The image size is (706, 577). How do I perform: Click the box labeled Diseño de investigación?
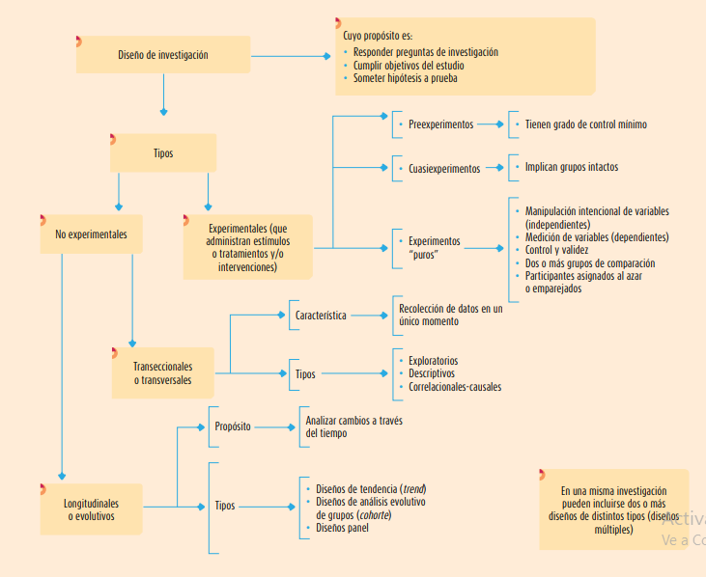click(162, 55)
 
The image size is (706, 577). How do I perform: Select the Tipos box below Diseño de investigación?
click(162, 153)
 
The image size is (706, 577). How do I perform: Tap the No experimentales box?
click(91, 234)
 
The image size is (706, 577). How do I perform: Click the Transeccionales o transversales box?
click(162, 373)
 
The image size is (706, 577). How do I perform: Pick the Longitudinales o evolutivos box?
click(91, 509)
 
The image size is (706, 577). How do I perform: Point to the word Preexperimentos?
click(440, 124)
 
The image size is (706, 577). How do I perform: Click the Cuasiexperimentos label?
click(443, 168)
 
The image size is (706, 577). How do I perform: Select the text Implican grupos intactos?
click(572, 167)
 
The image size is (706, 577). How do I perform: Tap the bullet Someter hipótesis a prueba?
click(405, 79)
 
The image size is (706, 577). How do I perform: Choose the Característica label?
click(321, 316)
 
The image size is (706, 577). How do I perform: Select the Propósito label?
click(233, 426)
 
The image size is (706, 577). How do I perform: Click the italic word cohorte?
click(373, 514)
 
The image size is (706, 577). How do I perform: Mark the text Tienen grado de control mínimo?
click(585, 124)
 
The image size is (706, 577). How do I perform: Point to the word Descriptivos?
click(431, 373)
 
